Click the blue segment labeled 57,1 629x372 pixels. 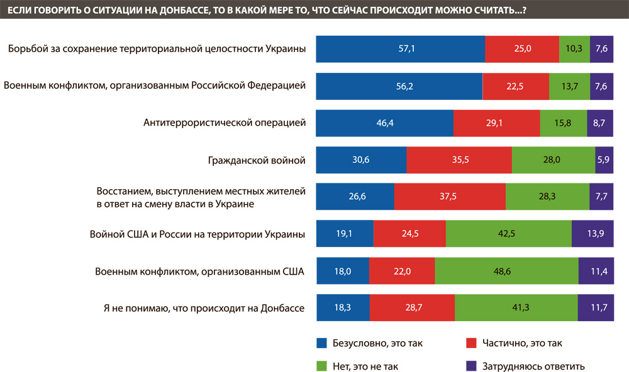(x=400, y=49)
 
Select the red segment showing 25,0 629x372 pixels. (x=522, y=49)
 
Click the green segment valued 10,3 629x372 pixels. (x=574, y=49)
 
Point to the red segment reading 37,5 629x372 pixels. (x=450, y=196)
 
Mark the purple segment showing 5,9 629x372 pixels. (x=603, y=160)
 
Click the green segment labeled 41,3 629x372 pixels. (x=516, y=308)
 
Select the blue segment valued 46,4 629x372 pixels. (x=384, y=123)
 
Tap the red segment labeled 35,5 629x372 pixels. (x=459, y=160)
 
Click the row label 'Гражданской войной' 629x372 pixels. (x=257, y=160)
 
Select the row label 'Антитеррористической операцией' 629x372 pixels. (x=225, y=123)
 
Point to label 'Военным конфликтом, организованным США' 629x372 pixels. (x=199, y=271)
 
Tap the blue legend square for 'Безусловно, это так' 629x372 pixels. (x=322, y=343)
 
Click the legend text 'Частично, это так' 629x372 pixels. (x=522, y=343)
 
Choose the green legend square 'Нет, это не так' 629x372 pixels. (x=322, y=366)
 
